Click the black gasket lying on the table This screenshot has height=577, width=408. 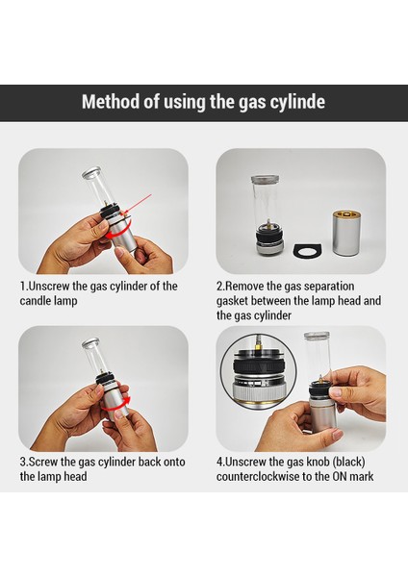coord(307,251)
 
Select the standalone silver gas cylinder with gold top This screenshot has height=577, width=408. coord(347,233)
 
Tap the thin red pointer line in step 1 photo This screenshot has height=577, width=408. coord(139,204)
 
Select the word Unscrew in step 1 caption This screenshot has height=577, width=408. coord(48,286)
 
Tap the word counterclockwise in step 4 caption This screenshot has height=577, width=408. coord(258,477)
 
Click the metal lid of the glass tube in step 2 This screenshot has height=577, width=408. coord(266,179)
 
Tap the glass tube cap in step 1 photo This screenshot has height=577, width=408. coord(91,173)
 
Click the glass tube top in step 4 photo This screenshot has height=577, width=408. coord(317,336)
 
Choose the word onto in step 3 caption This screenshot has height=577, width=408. coord(174,463)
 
